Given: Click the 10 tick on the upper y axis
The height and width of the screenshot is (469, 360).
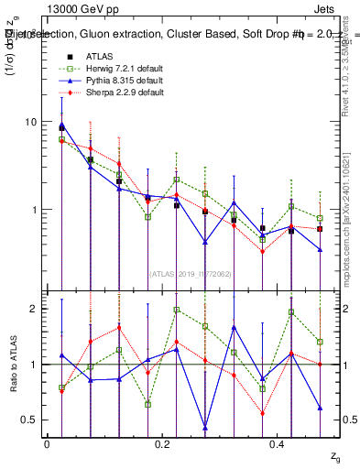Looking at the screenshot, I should pos(32,122).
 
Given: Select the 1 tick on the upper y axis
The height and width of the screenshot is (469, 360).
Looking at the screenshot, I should pos(35,210).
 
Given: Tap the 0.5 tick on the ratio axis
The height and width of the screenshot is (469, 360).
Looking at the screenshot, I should pos(30,420).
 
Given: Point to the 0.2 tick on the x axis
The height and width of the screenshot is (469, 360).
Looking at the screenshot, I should pos(162,444).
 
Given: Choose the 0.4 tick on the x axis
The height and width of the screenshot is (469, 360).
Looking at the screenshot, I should pos(278,444).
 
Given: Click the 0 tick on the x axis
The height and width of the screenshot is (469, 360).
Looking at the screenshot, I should pos(47,444).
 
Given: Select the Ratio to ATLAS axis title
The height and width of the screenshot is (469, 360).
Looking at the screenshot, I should pos(12,365).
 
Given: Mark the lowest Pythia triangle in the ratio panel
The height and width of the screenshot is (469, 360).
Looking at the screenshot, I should pos(205,428).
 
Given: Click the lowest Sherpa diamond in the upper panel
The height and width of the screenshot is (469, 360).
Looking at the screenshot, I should pos(262,251).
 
